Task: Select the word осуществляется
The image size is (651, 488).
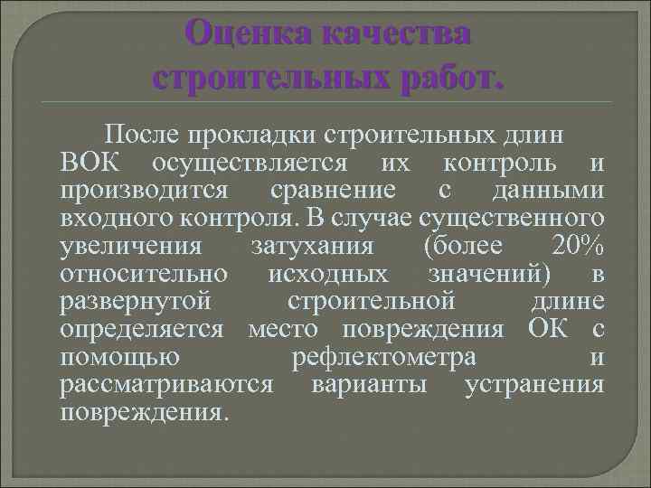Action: tap(249, 164)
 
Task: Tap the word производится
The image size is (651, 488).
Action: tap(149, 192)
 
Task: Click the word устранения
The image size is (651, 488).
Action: tap(533, 386)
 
